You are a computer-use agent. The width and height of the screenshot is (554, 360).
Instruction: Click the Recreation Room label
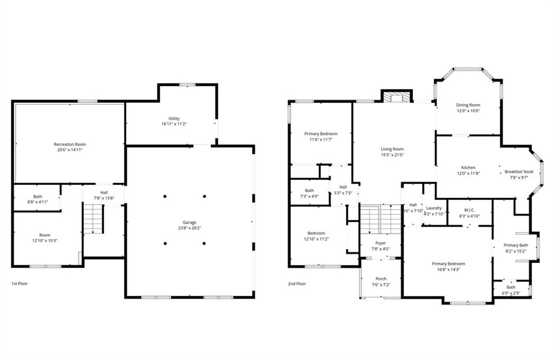tap(69, 144)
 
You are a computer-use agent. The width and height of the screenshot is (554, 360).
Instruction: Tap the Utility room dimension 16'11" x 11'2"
tap(174, 124)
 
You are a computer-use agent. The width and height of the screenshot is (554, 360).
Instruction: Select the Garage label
tap(189, 222)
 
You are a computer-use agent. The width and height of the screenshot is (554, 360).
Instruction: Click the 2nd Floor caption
tap(298, 283)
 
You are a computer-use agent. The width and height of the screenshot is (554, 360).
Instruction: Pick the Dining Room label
tap(467, 105)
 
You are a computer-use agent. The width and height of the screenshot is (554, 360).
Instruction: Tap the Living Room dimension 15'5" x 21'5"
tap(393, 155)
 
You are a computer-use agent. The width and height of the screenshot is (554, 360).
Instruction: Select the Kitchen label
tap(468, 168)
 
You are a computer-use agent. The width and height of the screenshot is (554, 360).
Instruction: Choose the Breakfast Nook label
tap(519, 172)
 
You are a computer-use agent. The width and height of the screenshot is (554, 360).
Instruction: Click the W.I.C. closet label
tap(469, 210)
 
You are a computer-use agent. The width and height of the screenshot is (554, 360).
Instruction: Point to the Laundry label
tap(434, 208)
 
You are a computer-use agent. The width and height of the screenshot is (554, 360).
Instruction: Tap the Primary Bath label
tap(516, 245)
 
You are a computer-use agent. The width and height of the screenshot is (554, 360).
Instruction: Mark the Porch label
tap(380, 279)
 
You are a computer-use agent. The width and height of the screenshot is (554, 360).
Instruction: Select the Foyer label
tap(380, 243)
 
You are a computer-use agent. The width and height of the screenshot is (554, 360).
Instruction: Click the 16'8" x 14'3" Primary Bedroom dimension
tap(448, 269)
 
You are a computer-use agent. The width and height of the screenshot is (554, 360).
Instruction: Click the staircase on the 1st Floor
tap(93, 218)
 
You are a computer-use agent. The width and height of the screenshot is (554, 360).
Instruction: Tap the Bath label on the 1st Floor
tap(37, 197)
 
